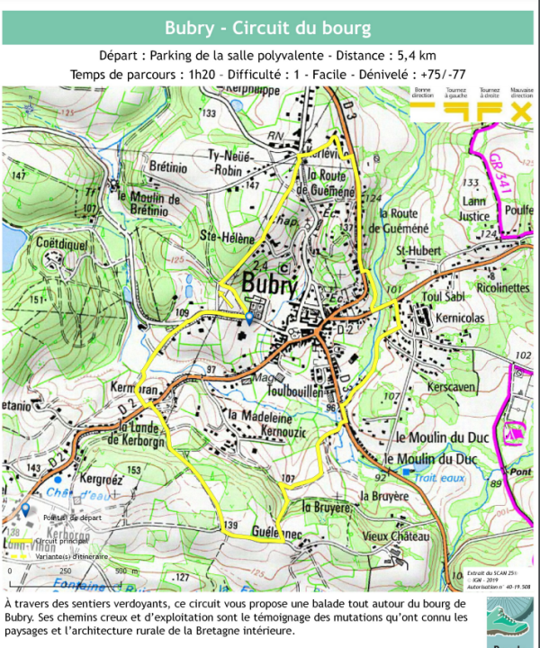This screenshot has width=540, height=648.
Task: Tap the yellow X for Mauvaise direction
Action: tap(520, 111)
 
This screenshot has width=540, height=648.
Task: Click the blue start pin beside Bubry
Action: tap(249, 317)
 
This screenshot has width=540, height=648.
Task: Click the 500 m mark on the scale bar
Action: tap(123, 571)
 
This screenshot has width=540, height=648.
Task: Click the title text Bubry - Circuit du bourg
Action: tap(267, 28)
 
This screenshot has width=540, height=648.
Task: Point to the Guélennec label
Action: tap(276, 532)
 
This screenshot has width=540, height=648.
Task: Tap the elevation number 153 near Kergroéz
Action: tap(133, 470)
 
